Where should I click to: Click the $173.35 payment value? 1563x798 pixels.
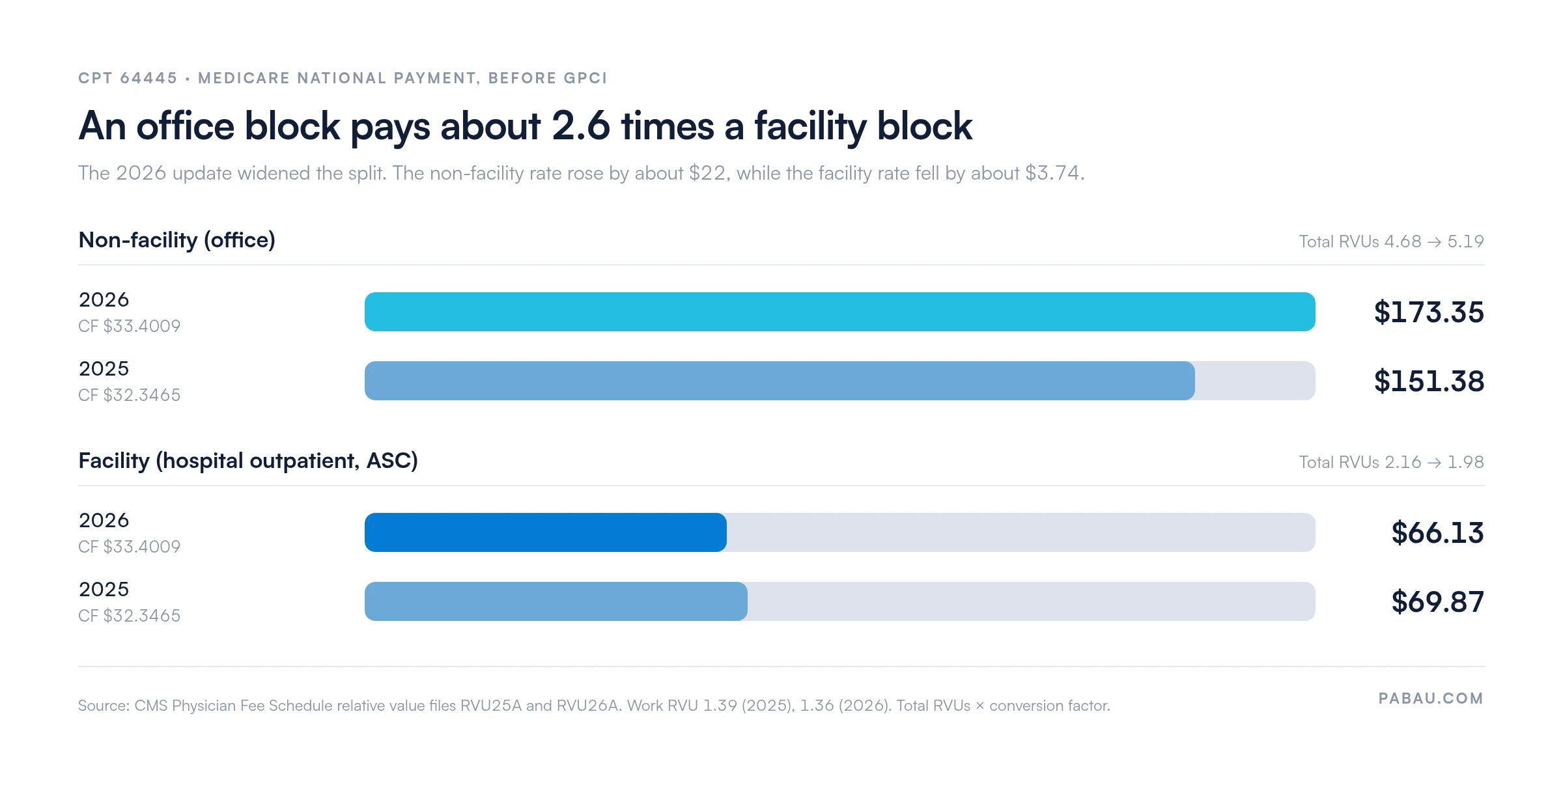[1429, 312]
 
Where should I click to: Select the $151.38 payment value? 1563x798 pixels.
[1429, 381]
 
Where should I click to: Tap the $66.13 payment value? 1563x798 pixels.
[1437, 533]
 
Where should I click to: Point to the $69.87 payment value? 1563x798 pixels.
[1437, 602]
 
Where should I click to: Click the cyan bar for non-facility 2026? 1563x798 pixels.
[839, 312]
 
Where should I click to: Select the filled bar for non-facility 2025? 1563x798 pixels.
[780, 381]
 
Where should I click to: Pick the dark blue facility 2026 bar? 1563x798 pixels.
[546, 532]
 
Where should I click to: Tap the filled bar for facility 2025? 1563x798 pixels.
[556, 601]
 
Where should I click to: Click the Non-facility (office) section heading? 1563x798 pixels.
[176, 240]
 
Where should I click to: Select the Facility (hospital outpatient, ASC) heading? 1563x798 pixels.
[248, 461]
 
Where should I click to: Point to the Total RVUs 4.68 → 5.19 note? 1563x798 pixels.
[1391, 241]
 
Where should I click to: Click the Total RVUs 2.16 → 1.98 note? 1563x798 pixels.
[1391, 462]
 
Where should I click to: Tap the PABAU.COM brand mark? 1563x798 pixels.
[1431, 698]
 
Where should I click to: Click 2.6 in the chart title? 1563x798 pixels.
[581, 126]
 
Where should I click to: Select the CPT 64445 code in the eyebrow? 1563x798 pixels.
[128, 78]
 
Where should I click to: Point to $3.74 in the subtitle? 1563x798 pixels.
[1052, 173]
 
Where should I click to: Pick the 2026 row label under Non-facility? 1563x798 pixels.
[104, 300]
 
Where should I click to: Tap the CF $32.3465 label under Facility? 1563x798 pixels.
[129, 616]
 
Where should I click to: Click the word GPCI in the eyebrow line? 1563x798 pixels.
[585, 78]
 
